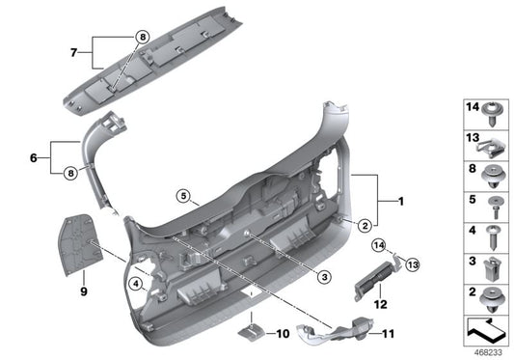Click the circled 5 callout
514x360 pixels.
(x=183, y=196)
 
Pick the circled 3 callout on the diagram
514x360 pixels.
(x=325, y=277)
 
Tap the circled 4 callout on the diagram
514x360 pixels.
(x=136, y=284)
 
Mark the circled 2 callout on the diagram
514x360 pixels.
(x=365, y=226)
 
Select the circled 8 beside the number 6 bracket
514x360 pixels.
(x=68, y=174)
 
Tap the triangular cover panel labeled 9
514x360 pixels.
(x=80, y=242)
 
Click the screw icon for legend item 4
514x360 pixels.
(x=492, y=232)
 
